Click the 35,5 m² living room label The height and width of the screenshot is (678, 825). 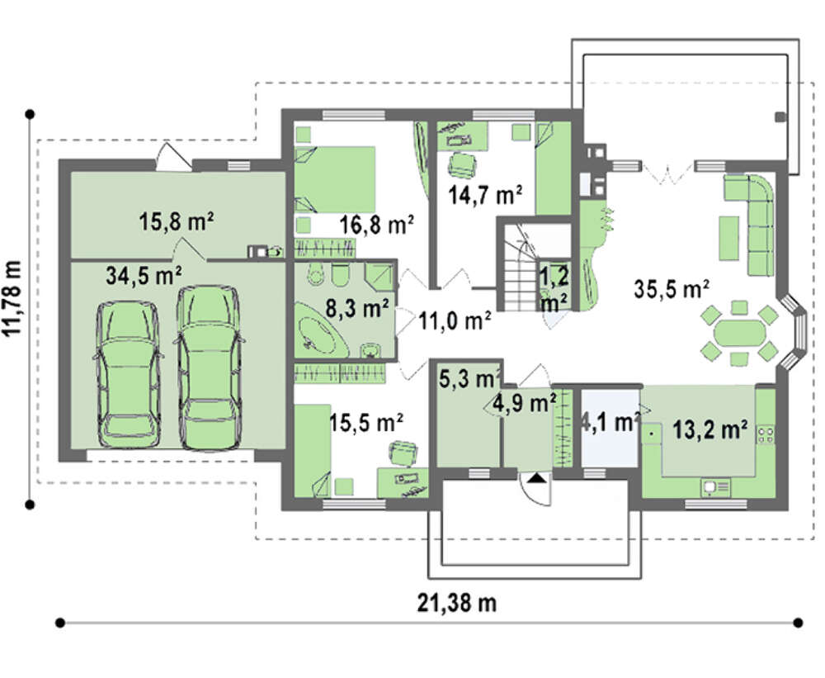[672, 289]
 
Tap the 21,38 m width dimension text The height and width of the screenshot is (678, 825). [457, 603]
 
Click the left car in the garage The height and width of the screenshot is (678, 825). [129, 375]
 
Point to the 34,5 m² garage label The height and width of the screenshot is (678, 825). [144, 276]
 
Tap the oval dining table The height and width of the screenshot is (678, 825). [739, 334]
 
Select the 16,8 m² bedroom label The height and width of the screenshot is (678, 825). [376, 225]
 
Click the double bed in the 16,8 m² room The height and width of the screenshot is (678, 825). [335, 180]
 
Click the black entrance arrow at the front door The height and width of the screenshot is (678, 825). [535, 478]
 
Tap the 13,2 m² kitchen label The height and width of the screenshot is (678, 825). [710, 430]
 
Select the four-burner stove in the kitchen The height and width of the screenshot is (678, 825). [766, 434]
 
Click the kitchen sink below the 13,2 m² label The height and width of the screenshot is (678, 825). [715, 487]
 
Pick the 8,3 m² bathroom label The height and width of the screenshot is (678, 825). [356, 308]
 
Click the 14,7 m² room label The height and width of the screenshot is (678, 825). [484, 194]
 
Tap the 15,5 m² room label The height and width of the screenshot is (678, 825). [366, 422]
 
